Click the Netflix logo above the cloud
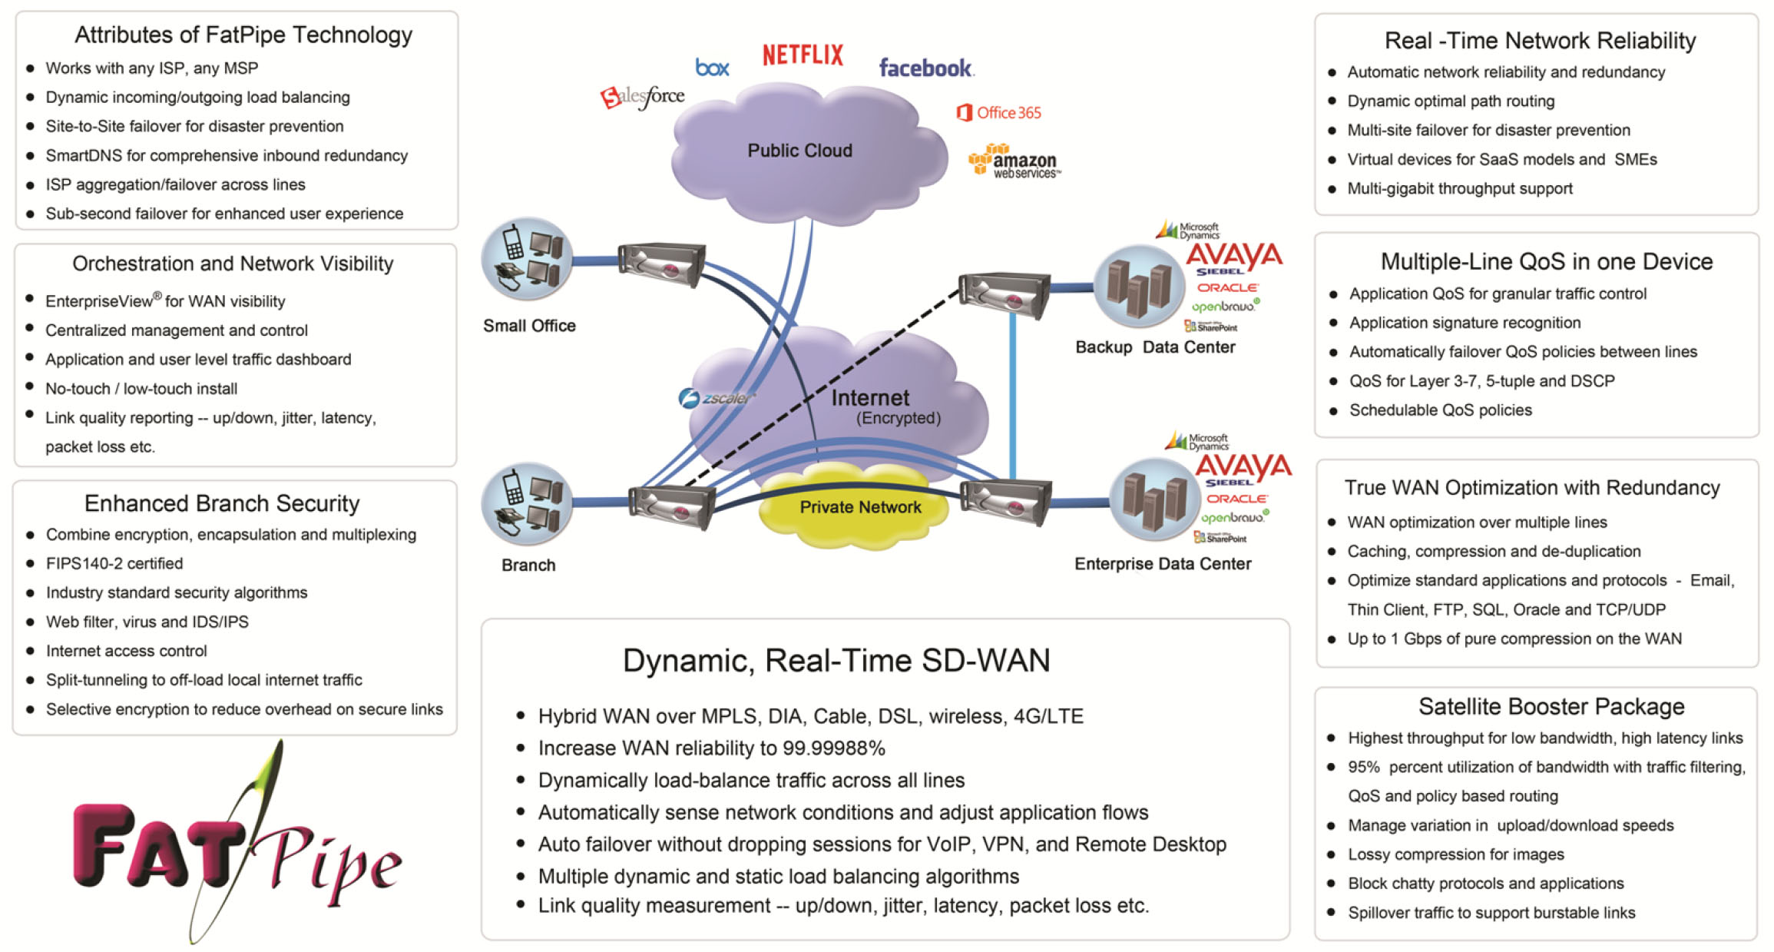click(x=803, y=55)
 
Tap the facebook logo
click(x=925, y=68)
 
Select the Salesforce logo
click(x=644, y=97)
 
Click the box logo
click(x=712, y=68)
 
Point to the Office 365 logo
click(x=999, y=113)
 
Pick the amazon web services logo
click(x=1014, y=161)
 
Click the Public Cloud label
click(x=799, y=151)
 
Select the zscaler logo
click(x=716, y=398)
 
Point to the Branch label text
click(x=528, y=566)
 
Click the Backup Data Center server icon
click(x=1138, y=287)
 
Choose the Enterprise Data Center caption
click(x=1162, y=564)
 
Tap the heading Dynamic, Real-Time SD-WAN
click(x=836, y=660)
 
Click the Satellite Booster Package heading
click(x=1551, y=706)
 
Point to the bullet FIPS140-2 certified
click(x=114, y=563)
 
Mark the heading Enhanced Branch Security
click(x=221, y=503)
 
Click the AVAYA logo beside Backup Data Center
click(x=1233, y=256)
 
